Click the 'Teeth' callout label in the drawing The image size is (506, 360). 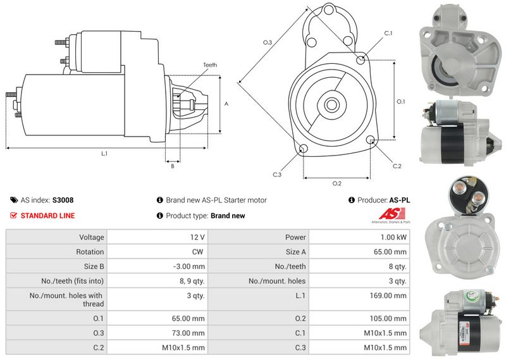coord(210,65)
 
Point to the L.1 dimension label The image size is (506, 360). coord(104,154)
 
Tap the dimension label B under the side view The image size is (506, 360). coord(172,166)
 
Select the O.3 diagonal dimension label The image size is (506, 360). coord(268,42)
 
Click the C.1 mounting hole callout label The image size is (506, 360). coord(388,33)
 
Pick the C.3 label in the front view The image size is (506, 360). coord(277,175)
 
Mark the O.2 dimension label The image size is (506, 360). coord(337,183)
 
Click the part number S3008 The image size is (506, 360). coord(63,200)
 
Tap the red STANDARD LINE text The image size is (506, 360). coord(47,216)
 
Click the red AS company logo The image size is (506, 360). coord(394,213)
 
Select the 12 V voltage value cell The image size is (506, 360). coord(197,237)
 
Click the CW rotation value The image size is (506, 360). coord(199,252)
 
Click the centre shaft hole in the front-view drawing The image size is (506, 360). coord(331,103)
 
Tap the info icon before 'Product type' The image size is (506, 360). coord(159,216)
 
